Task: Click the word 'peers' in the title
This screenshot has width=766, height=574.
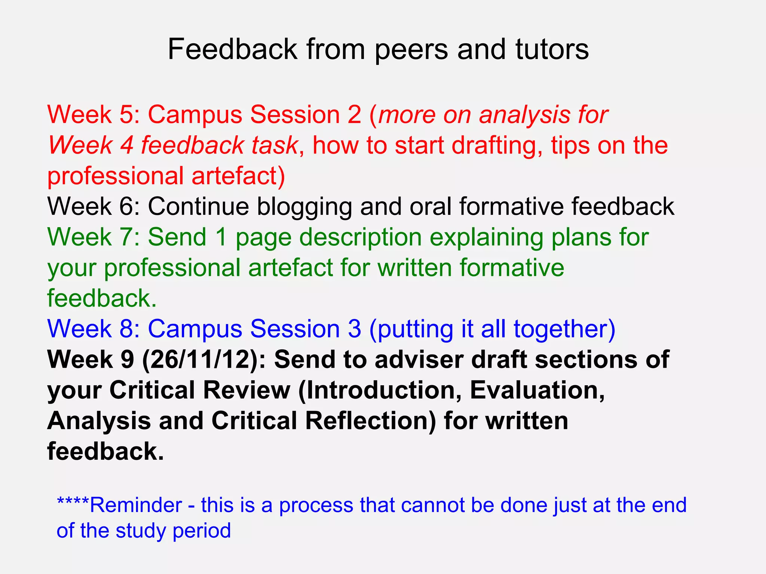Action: [411, 50]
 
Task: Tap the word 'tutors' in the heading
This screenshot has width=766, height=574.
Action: [552, 49]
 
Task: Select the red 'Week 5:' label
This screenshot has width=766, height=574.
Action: [94, 114]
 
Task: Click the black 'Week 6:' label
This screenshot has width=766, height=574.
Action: [94, 206]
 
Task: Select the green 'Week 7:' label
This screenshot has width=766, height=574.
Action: [94, 237]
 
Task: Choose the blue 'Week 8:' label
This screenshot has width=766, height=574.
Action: [94, 329]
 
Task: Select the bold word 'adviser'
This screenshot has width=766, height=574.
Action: [419, 359]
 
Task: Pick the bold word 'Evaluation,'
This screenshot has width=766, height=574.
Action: [537, 390]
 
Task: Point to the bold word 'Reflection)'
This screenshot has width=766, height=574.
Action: [371, 421]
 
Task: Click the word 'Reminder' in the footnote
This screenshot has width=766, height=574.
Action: [136, 505]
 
